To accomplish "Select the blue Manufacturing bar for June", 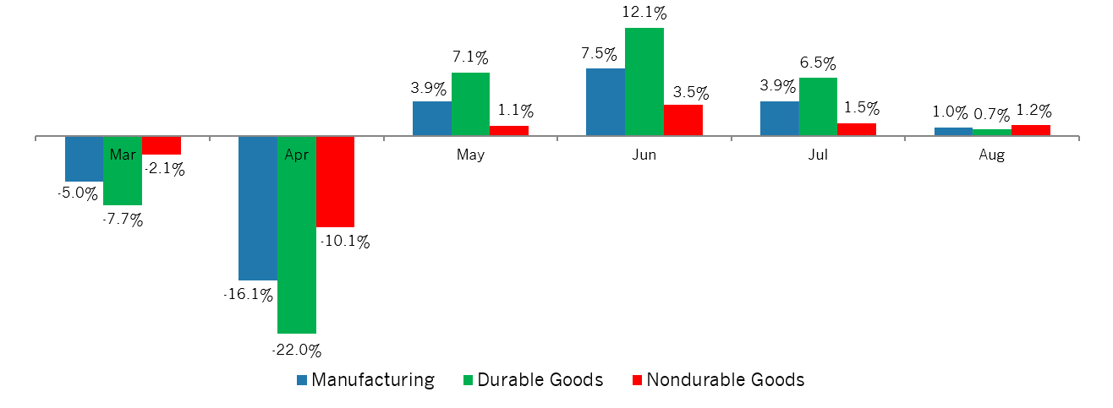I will tap(605, 101).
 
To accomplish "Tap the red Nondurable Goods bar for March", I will tap(161, 144).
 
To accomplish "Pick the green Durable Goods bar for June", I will tap(644, 81).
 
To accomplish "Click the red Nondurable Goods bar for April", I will tap(335, 181).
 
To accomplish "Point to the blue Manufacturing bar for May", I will tap(431, 118).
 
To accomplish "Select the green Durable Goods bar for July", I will tap(818, 106).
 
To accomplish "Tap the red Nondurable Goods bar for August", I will tap(1030, 130).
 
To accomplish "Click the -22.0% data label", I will tap(296, 350).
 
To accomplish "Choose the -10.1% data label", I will tap(345, 241).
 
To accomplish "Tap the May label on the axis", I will tap(470, 155).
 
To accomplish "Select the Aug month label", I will tap(991, 155).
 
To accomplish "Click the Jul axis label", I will tap(818, 155).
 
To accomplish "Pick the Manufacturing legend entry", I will tap(373, 379).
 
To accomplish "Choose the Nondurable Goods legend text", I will tap(725, 379).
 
